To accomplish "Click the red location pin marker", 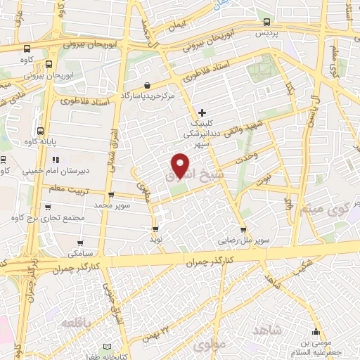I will point(181,165).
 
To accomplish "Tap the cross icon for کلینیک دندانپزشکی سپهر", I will point(202,112).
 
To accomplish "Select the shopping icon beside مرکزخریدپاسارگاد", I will point(146,84).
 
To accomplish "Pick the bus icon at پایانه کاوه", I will point(41,131).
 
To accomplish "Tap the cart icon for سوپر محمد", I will point(111,195).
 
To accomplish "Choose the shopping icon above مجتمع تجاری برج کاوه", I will point(47,207).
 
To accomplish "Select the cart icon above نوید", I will point(155,229).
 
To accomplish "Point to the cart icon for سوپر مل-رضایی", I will point(243,230).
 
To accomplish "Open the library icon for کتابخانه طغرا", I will point(107,347).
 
